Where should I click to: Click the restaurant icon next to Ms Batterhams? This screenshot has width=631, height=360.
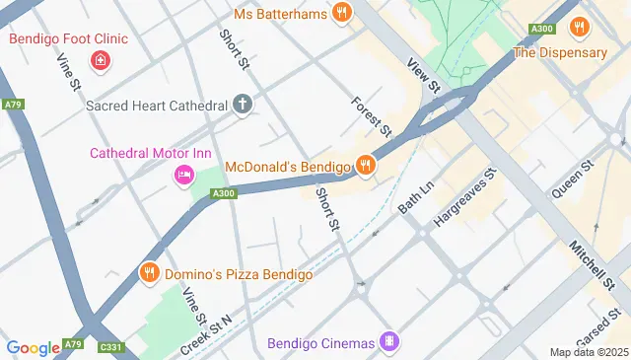341,13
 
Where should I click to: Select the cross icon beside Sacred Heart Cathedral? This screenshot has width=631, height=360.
243,104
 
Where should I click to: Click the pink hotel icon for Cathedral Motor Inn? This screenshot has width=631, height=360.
183,176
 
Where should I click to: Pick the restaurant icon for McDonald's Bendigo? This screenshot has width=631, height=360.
366,165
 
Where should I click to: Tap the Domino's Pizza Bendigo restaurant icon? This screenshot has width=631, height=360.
149,273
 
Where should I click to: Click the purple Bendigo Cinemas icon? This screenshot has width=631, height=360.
391,343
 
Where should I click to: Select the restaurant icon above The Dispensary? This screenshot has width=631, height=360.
580,28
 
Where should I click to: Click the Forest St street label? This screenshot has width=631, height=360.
372,116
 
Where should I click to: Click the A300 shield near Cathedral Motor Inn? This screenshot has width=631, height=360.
224,194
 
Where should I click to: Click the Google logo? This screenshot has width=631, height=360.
33,347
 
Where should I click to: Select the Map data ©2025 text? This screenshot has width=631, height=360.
588,352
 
